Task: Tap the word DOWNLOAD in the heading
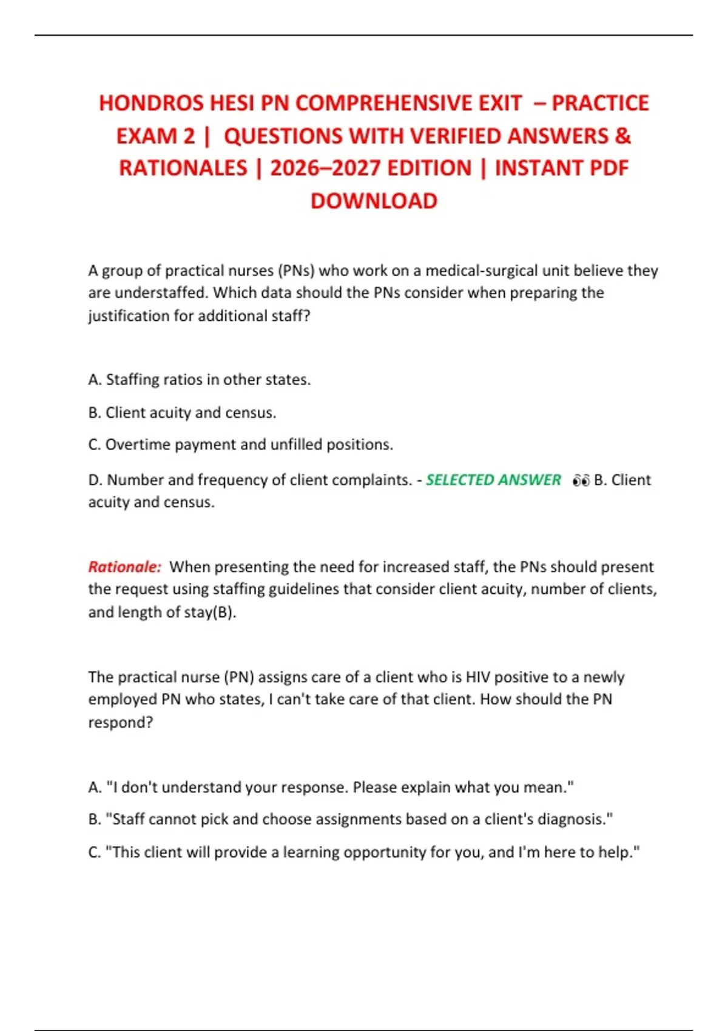click(374, 201)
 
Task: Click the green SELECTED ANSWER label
click(493, 480)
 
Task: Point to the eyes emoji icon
click(581, 480)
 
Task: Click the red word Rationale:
click(125, 566)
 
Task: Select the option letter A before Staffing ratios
click(93, 380)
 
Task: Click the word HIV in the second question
click(477, 677)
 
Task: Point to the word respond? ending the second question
click(121, 722)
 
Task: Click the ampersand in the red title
click(622, 136)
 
